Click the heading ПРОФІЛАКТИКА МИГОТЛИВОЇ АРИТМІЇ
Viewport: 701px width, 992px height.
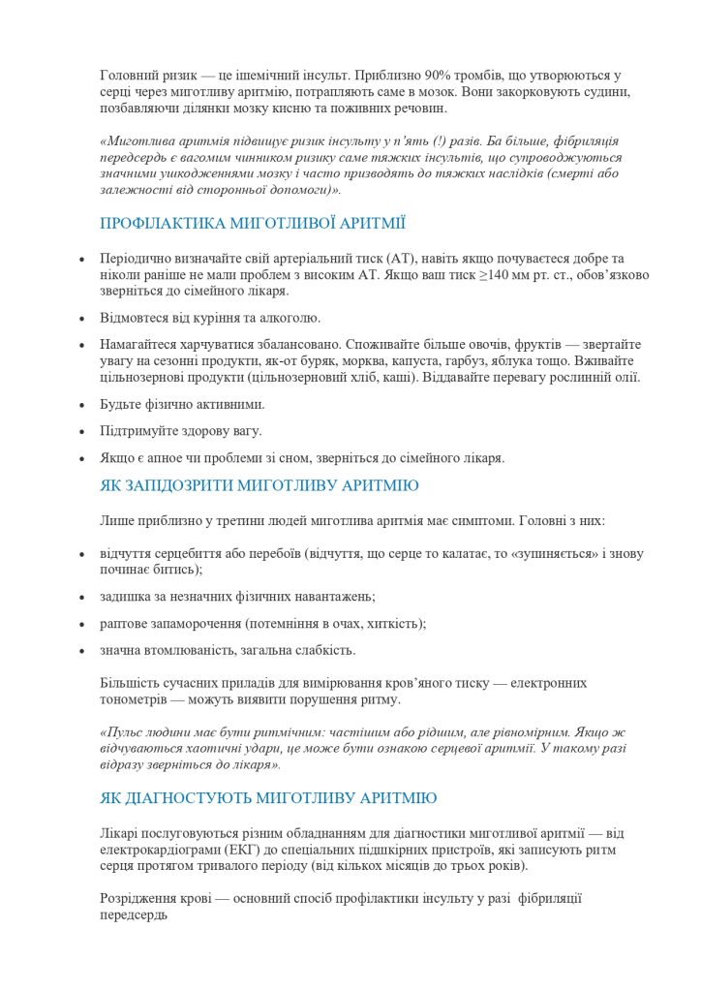click(253, 224)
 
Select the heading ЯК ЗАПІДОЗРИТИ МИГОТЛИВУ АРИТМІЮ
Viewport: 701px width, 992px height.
click(259, 485)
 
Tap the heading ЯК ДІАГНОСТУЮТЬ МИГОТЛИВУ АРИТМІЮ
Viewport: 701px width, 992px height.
click(268, 798)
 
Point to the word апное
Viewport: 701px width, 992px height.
click(169, 458)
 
